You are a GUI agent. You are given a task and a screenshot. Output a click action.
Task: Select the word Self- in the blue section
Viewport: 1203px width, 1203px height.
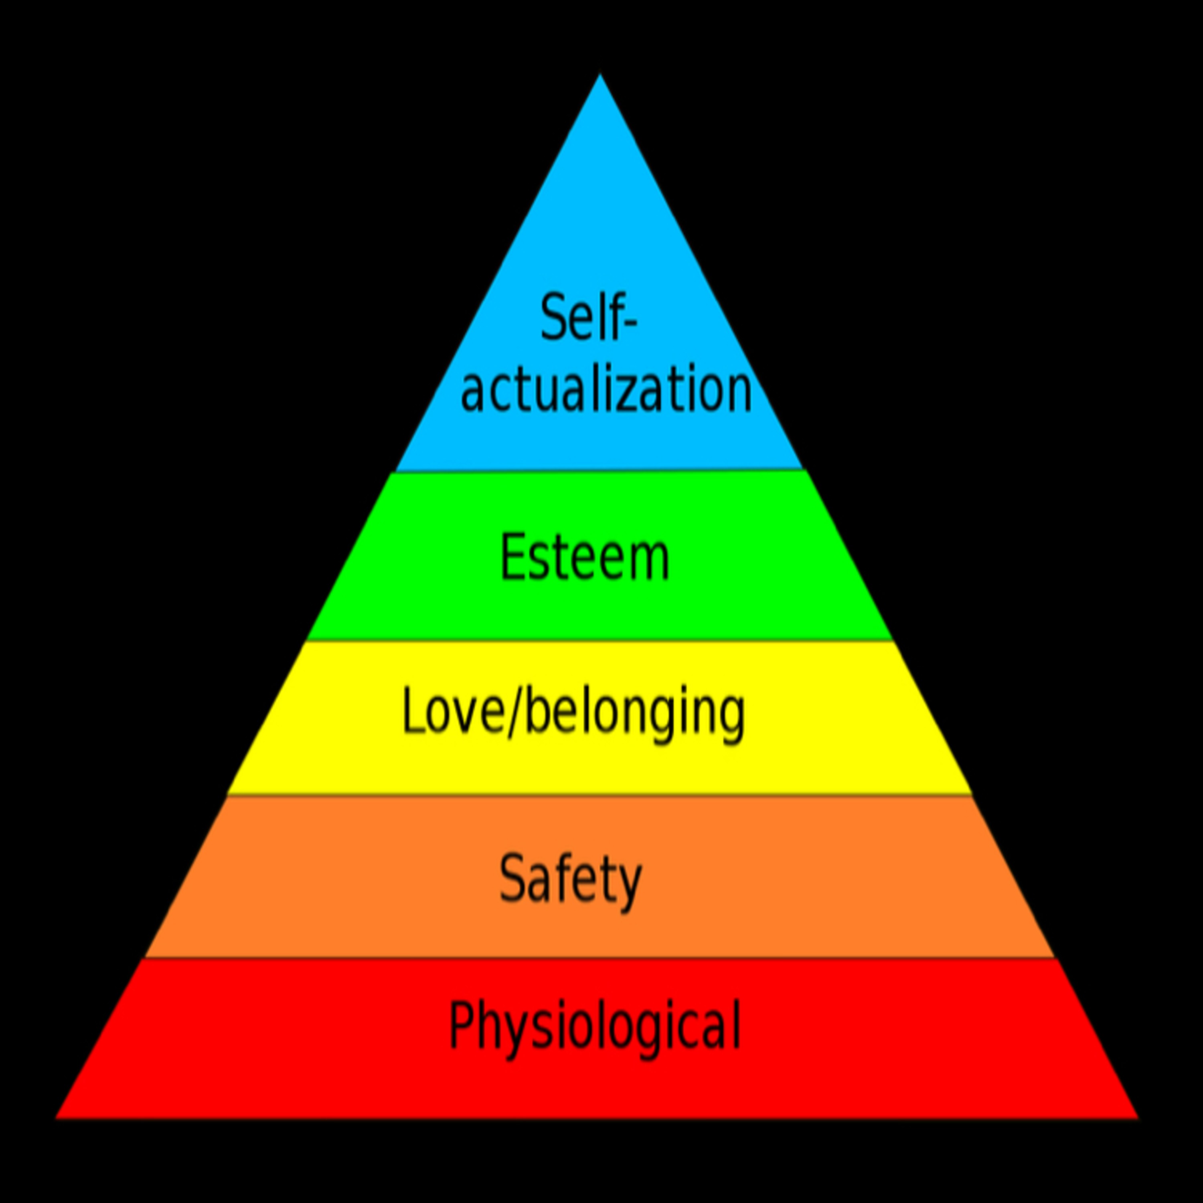pyautogui.click(x=589, y=318)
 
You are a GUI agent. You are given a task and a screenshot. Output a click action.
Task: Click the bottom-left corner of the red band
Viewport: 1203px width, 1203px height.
pyautogui.click(x=56, y=1118)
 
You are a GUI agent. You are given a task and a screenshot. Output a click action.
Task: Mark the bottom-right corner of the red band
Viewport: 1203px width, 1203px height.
pyautogui.click(x=1139, y=1118)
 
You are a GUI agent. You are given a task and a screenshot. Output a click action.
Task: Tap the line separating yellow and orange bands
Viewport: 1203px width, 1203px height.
pyautogui.click(x=599, y=794)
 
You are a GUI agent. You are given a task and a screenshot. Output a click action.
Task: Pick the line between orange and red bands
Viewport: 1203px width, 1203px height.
pyautogui.click(x=599, y=957)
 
